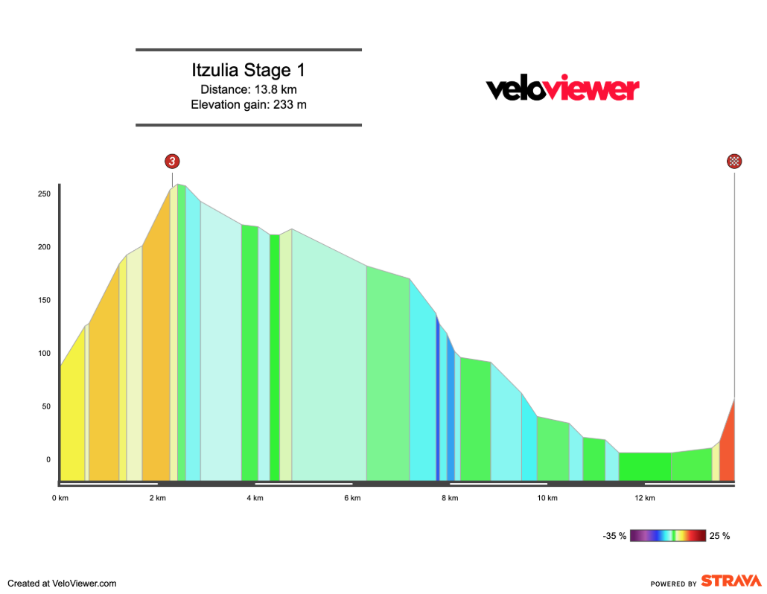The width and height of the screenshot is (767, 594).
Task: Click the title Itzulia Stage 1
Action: tap(248, 71)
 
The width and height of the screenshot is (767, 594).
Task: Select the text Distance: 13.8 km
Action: tap(248, 90)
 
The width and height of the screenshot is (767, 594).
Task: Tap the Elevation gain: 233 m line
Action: tap(248, 105)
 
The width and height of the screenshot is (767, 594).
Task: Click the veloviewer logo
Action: tap(562, 89)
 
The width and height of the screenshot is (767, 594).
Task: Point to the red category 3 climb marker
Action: tap(173, 162)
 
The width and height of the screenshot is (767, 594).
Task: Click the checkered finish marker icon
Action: tap(735, 162)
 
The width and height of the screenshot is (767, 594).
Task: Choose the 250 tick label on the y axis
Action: tap(44, 194)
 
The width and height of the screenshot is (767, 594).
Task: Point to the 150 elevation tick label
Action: tap(44, 301)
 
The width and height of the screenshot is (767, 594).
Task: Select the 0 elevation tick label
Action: tap(48, 460)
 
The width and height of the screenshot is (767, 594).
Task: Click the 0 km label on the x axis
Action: tap(60, 498)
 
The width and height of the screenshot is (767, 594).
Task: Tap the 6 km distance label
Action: tap(352, 498)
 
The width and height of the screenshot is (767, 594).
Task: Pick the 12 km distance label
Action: tap(645, 498)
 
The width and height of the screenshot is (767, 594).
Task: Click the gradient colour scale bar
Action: tap(668, 535)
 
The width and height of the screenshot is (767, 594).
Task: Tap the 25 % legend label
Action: tap(720, 536)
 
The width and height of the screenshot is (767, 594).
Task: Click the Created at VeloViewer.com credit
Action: tap(62, 584)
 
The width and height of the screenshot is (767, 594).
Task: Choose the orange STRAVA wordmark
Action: tap(731, 581)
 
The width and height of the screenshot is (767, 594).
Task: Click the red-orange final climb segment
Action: tap(728, 447)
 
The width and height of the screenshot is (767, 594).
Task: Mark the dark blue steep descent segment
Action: tap(438, 402)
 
